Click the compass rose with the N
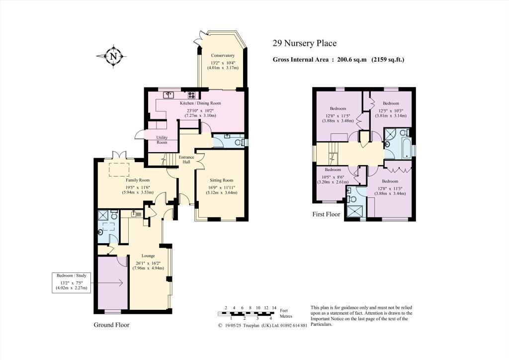coord(113,56)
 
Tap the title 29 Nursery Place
coord(305,44)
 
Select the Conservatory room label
coord(222,55)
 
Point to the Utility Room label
coord(162,140)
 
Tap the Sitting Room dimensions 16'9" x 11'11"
coord(221,187)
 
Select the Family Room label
coord(138,180)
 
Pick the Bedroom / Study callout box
coord(72,282)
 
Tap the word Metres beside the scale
coord(286,316)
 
